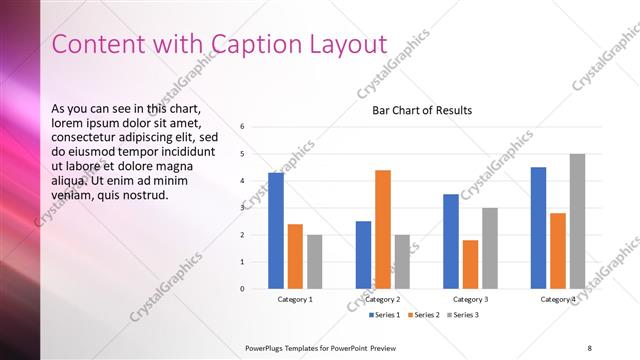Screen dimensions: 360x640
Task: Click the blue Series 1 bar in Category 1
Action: [x=276, y=230]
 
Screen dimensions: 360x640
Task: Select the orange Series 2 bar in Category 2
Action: [x=383, y=229]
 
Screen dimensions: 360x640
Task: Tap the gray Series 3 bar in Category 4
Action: [x=577, y=221]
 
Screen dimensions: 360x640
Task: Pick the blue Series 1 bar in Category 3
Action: [x=451, y=241]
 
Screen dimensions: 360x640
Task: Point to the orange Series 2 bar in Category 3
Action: [x=470, y=264]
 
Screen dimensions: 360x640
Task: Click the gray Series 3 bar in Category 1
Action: [x=315, y=261]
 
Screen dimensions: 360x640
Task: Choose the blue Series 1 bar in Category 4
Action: [x=538, y=227]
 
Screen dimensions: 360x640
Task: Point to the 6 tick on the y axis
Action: [x=243, y=127]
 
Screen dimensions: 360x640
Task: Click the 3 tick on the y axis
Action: [x=243, y=208]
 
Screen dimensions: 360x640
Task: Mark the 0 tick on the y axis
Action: [x=243, y=289]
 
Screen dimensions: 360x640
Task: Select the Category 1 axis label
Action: [x=295, y=299]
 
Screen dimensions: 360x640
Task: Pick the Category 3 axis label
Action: [x=470, y=299]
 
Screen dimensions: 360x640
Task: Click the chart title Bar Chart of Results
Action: [x=422, y=110]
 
